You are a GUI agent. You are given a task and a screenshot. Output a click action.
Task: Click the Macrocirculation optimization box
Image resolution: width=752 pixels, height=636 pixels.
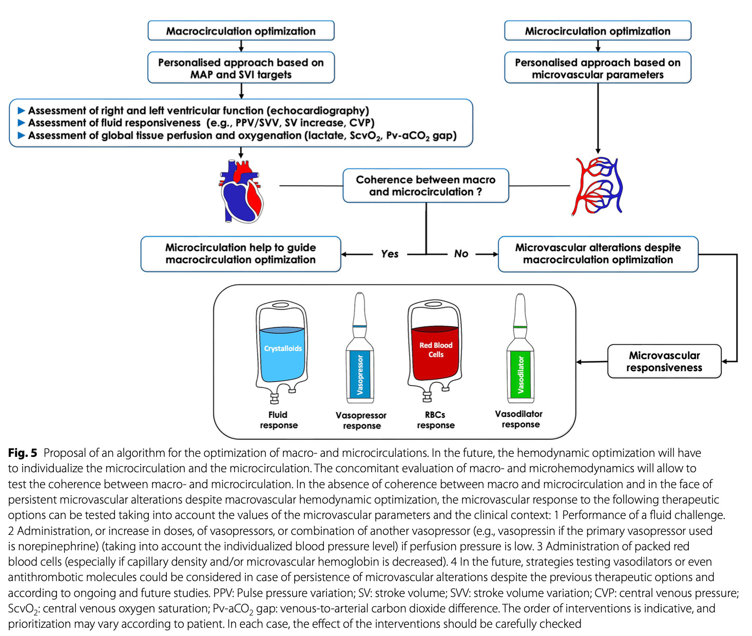click(x=241, y=31)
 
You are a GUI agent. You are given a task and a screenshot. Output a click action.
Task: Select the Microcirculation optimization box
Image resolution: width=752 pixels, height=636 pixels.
click(x=597, y=31)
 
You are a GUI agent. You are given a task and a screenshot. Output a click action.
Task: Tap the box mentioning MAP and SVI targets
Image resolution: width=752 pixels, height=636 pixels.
click(x=241, y=68)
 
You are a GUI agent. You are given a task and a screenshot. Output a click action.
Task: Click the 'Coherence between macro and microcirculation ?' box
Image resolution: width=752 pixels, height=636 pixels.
click(x=426, y=186)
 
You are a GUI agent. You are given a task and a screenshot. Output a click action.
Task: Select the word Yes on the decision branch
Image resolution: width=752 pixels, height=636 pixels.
click(x=390, y=254)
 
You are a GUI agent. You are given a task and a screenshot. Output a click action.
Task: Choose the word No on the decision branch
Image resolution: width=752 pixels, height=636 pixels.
click(x=461, y=254)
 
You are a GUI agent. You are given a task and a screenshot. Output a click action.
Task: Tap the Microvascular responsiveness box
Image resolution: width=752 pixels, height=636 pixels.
click(x=664, y=361)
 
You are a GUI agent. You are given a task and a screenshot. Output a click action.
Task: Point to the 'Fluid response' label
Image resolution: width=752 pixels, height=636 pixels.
click(x=278, y=420)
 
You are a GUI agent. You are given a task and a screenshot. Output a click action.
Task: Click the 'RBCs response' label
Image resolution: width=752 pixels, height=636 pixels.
click(x=435, y=420)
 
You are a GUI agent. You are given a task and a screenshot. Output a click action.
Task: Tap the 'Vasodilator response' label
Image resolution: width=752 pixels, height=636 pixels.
click(x=519, y=419)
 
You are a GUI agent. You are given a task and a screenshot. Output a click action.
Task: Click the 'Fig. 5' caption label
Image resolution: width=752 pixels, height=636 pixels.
click(x=23, y=453)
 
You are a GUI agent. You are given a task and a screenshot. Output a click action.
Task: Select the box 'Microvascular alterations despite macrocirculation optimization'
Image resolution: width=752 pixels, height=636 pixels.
click(x=598, y=254)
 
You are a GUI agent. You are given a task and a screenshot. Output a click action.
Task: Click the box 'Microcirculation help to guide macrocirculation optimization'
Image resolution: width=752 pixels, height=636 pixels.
click(x=241, y=254)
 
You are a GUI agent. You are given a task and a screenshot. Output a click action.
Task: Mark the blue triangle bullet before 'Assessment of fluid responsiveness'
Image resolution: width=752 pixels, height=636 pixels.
click(x=22, y=123)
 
